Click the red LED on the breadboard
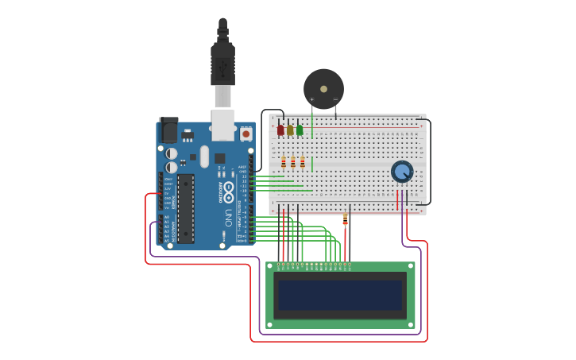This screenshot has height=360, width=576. point(280,130)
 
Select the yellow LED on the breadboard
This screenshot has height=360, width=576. point(290,130)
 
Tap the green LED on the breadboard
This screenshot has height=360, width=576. point(300,130)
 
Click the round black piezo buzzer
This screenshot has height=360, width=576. point(323,88)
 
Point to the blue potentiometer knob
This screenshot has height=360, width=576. point(402,171)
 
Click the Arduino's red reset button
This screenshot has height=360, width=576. point(245,134)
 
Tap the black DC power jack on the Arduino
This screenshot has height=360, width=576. point(168,130)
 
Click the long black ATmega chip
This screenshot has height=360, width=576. point(186,208)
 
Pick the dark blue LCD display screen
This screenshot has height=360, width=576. point(340,295)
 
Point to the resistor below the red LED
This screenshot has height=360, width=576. point(284,162)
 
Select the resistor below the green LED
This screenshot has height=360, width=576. point(303,162)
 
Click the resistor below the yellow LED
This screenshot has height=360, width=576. point(293,162)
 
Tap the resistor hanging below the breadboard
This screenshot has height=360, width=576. point(345,220)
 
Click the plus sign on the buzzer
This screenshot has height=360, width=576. point(311,99)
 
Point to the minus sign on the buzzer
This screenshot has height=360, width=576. point(335,99)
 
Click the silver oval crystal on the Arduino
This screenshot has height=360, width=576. point(204,157)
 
